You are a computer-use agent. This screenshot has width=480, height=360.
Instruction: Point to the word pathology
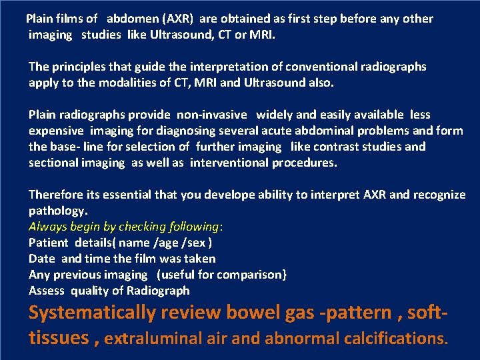[x=57, y=211]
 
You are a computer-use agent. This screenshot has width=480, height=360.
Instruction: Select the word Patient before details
[x=49, y=243]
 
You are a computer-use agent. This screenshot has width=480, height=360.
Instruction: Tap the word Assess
[x=46, y=291]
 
